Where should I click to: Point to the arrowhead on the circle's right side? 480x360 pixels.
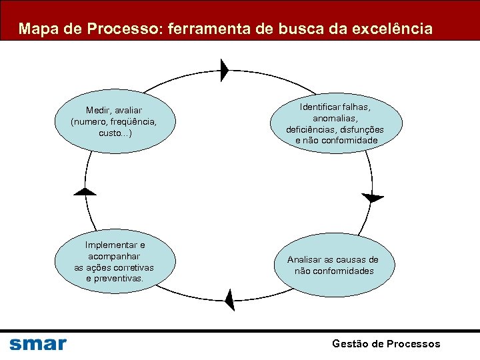click(373, 197)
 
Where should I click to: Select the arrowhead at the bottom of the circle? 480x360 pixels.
click(230, 300)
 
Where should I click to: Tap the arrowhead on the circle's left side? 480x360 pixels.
click(85, 192)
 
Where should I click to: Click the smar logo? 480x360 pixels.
click(38, 344)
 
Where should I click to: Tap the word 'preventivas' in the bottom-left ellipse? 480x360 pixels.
click(115, 278)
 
